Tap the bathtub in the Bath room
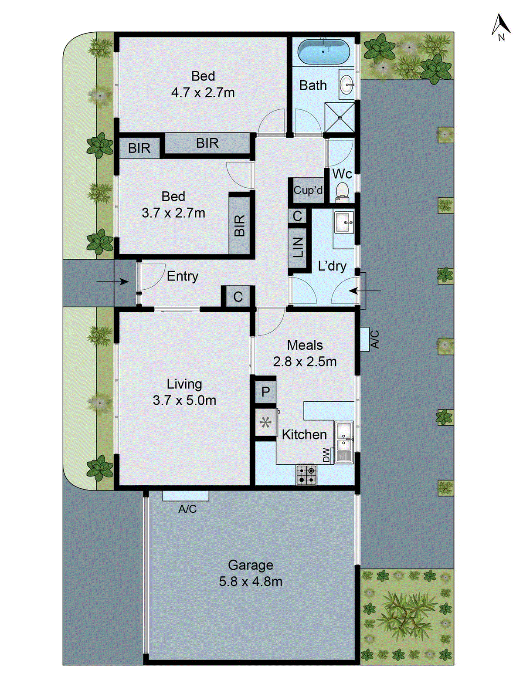tap(323, 52)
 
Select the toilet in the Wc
tap(342, 192)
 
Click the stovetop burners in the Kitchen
tap(307, 475)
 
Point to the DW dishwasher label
tap(326, 455)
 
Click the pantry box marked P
tap(265, 392)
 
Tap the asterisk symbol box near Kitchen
tap(266, 422)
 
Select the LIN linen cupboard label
tap(298, 247)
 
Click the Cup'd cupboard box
tap(308, 190)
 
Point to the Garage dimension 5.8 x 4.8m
tap(251, 582)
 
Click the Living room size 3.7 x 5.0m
tap(184, 400)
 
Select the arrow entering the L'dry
tap(365, 291)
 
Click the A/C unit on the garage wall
tap(186, 496)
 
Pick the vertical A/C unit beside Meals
tap(365, 339)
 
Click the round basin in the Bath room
tap(347, 85)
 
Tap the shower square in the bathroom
tap(340, 117)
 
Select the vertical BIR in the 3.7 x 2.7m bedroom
tap(239, 225)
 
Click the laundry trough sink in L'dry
tap(344, 223)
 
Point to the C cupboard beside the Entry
tap(238, 297)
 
